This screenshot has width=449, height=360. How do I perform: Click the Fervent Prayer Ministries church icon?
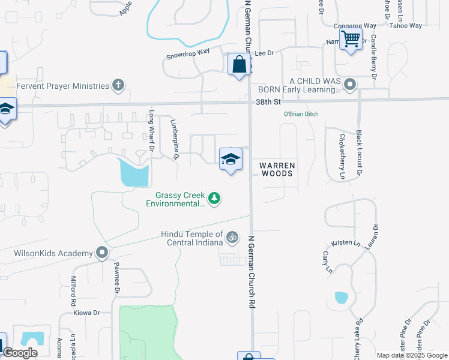[x=119, y=85]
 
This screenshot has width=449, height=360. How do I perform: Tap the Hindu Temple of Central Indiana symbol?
[x=232, y=238]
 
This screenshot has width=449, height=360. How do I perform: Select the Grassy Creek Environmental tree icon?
[x=214, y=198]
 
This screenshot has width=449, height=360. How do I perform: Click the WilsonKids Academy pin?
[x=102, y=253]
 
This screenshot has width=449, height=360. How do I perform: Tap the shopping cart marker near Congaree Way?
[x=351, y=40]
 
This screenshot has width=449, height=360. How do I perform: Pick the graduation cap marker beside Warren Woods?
[x=231, y=160]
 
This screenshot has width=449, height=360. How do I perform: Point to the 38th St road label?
[x=264, y=103]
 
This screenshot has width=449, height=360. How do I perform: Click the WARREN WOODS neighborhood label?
[x=277, y=169]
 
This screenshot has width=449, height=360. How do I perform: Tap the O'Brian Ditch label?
[x=301, y=114]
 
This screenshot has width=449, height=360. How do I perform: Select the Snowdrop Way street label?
[x=188, y=54]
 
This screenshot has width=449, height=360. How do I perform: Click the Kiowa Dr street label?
[x=86, y=313]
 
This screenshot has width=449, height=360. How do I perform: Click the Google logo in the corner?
[x=20, y=353]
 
